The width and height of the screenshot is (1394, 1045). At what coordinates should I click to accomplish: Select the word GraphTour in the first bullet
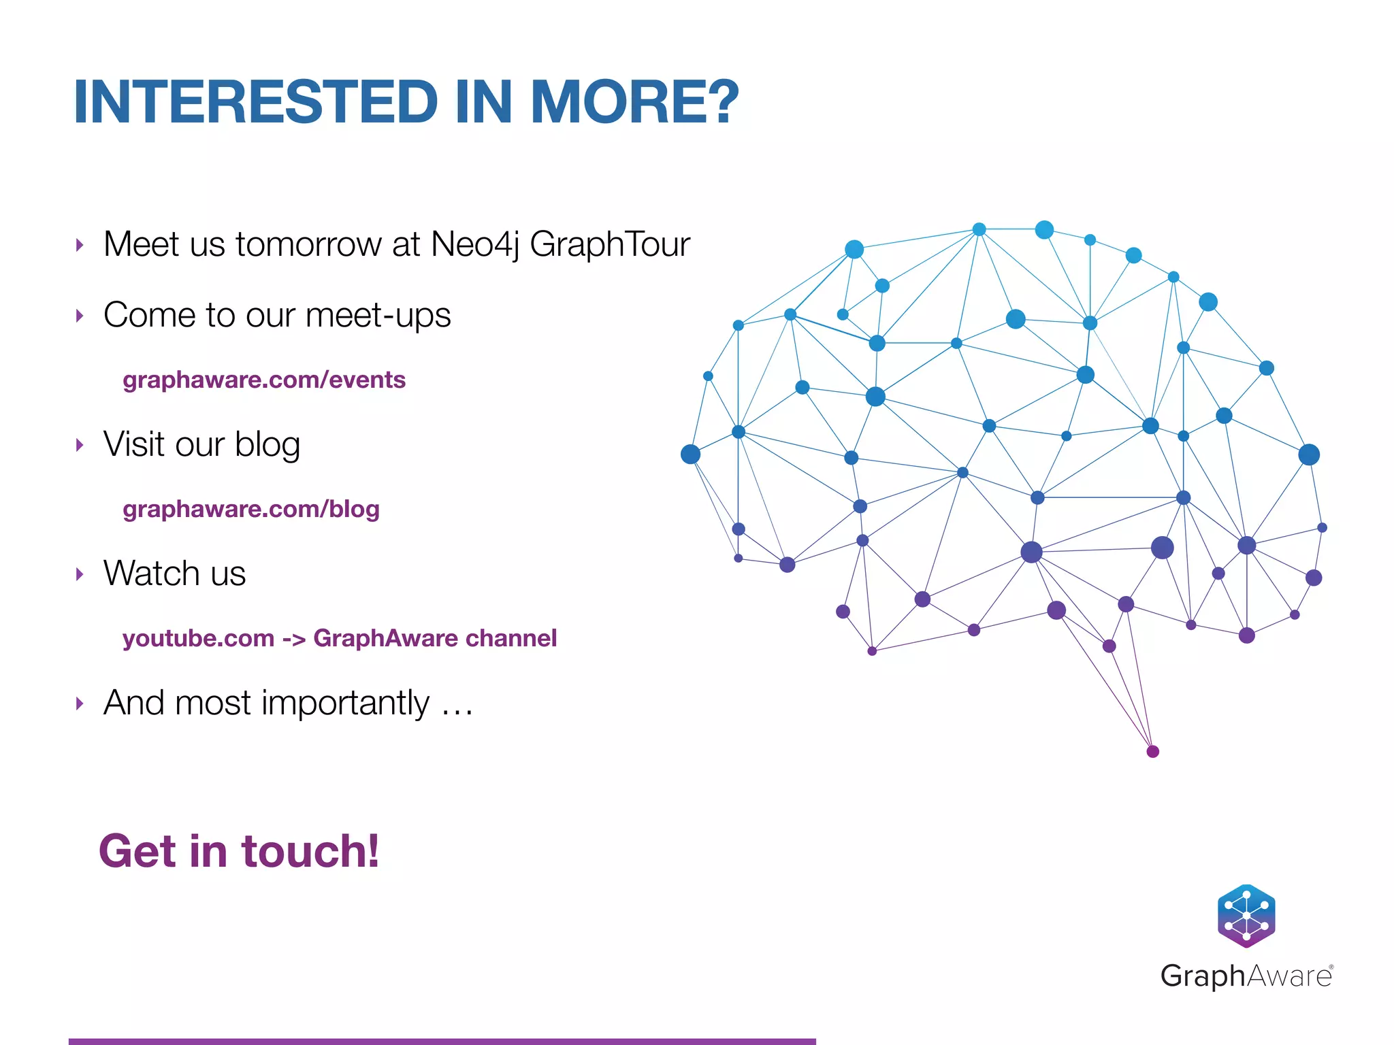click(609, 245)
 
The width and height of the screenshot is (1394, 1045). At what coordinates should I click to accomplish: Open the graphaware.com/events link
click(264, 380)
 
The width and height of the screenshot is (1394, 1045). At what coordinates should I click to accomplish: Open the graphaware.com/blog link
click(250, 509)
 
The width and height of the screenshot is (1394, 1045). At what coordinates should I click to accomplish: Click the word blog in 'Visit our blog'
click(268, 446)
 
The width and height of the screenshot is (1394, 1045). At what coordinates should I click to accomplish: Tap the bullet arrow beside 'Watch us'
click(80, 574)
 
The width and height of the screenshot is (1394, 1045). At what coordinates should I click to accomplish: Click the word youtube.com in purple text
click(198, 638)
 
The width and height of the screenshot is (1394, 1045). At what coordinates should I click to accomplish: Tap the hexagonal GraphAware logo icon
click(1246, 916)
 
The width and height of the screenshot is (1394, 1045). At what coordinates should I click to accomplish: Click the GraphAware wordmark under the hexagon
click(1246, 976)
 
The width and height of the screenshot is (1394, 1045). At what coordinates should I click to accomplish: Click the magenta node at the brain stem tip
click(1153, 751)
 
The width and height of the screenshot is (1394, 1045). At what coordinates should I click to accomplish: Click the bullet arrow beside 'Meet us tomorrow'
click(80, 245)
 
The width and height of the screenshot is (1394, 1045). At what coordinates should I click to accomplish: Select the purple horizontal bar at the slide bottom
click(442, 1041)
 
